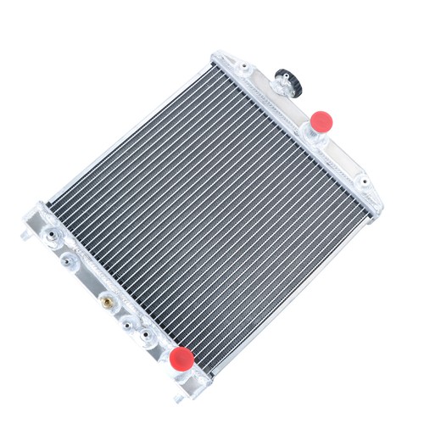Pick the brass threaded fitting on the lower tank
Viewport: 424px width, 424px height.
[106, 300]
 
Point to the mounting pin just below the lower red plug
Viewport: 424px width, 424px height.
[180, 395]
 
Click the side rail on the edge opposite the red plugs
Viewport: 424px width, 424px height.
[127, 136]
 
